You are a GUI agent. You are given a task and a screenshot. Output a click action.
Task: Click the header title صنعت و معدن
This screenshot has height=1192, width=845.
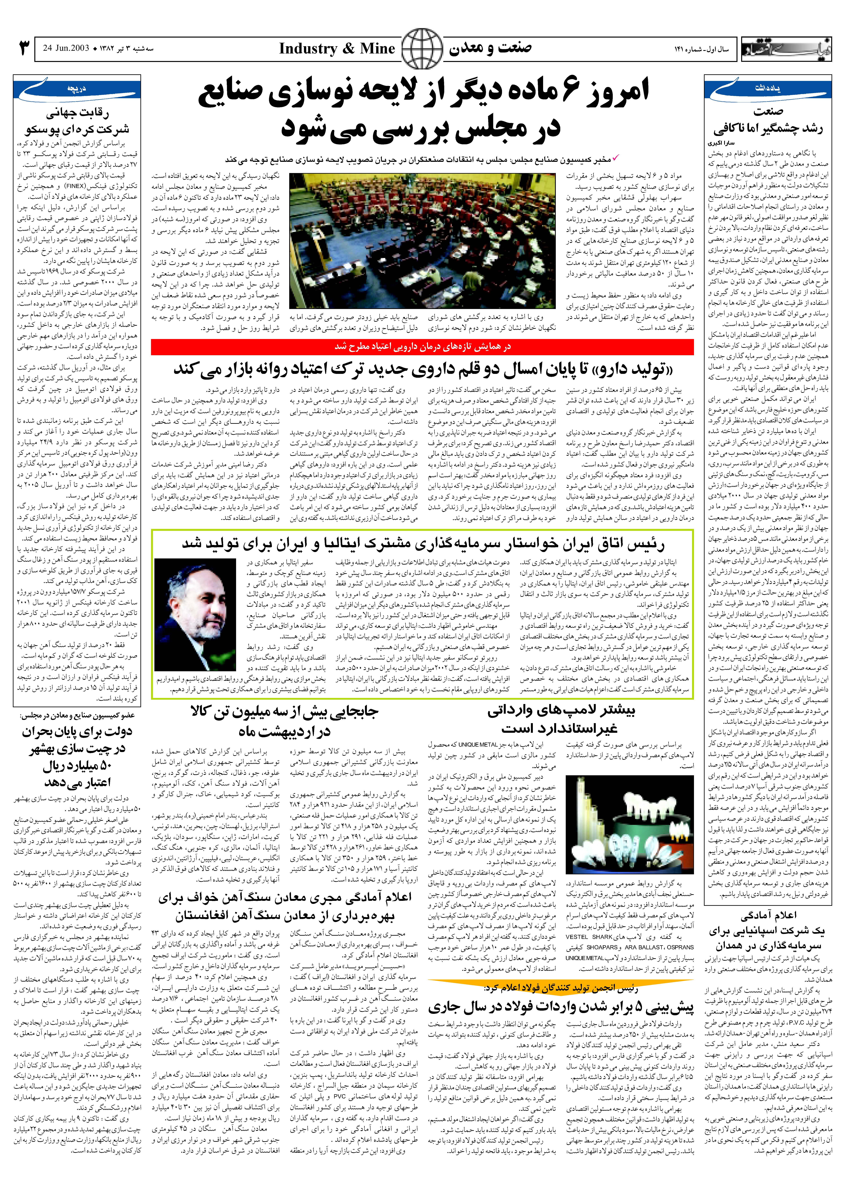(x=490, y=48)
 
